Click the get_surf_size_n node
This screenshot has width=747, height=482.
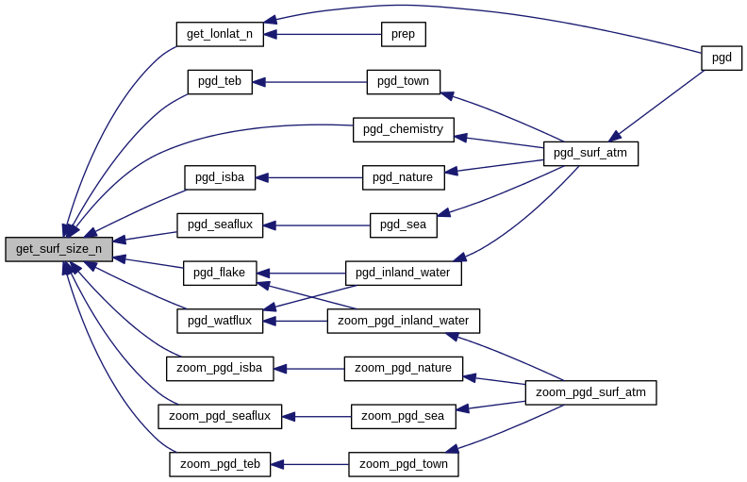[x=58, y=249]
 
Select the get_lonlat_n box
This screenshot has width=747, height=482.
[x=219, y=34]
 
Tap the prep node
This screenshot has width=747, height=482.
[x=404, y=35]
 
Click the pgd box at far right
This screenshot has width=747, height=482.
[x=722, y=58]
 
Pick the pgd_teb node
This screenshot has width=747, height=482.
[x=219, y=81]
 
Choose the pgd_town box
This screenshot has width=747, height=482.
[x=403, y=82]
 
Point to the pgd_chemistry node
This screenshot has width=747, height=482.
[x=403, y=129]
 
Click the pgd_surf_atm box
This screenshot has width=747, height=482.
[x=590, y=153]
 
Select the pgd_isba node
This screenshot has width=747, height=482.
[x=219, y=177]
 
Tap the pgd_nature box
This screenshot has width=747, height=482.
[x=402, y=177]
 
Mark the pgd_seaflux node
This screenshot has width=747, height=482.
[x=219, y=224]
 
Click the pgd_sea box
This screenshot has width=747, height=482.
[x=403, y=224]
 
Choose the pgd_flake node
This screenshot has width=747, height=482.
[x=219, y=273]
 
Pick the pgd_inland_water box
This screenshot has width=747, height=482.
[x=403, y=274]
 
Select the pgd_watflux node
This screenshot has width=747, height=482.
[x=219, y=321]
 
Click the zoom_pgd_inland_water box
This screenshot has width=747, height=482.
[x=403, y=321]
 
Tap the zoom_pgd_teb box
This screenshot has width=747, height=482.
[x=220, y=464]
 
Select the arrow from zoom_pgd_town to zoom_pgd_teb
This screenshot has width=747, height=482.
[x=310, y=464]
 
